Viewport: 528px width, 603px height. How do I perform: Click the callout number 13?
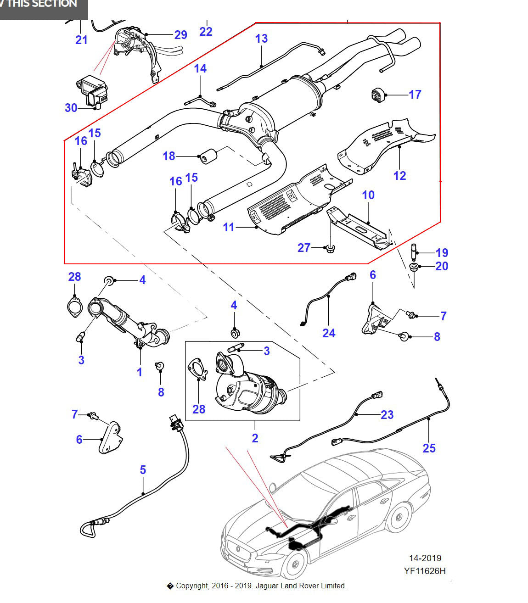(x=261, y=39)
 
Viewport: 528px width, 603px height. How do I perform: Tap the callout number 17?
(x=415, y=95)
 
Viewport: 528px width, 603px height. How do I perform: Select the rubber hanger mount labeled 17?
(x=377, y=94)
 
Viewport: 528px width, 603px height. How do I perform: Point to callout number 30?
(x=71, y=108)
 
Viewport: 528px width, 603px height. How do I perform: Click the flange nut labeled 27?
(x=329, y=249)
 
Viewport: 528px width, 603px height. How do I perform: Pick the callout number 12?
(x=399, y=176)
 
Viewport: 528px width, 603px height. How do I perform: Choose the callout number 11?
(x=229, y=227)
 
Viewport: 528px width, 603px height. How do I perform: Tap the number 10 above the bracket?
(x=368, y=195)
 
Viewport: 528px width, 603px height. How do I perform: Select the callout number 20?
(x=441, y=266)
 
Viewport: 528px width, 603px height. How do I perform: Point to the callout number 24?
(x=329, y=333)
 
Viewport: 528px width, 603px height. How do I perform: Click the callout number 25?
(x=429, y=448)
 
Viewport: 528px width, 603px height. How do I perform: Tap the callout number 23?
(x=387, y=415)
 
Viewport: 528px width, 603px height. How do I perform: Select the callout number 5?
(x=143, y=470)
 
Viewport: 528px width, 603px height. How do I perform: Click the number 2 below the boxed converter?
(x=255, y=438)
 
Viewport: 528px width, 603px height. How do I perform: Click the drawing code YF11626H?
(x=425, y=571)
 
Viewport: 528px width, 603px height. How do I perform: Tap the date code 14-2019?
(x=425, y=558)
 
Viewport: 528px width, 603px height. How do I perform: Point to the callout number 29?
(x=180, y=35)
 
